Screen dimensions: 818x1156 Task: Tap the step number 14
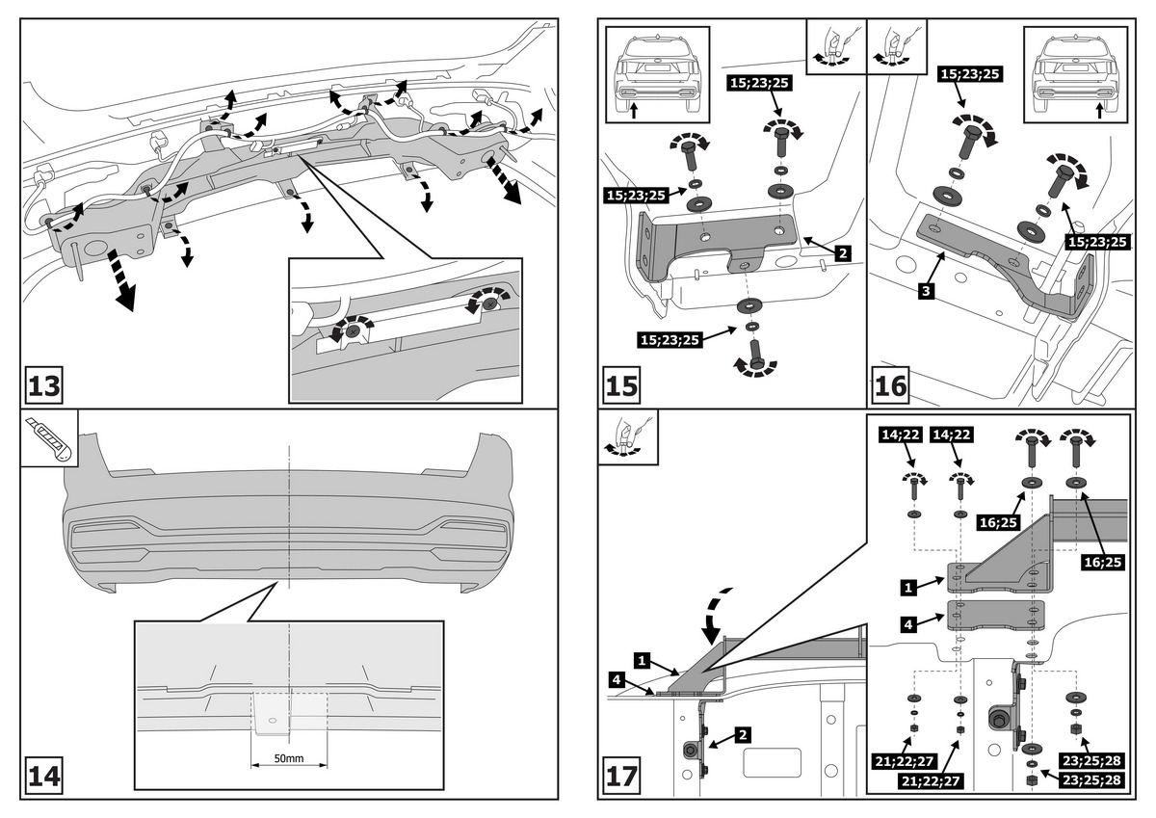tap(43, 776)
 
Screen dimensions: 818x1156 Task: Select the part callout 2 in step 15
tap(842, 253)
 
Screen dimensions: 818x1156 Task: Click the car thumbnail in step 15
tap(657, 74)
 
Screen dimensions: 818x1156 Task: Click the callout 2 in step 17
tap(743, 734)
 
